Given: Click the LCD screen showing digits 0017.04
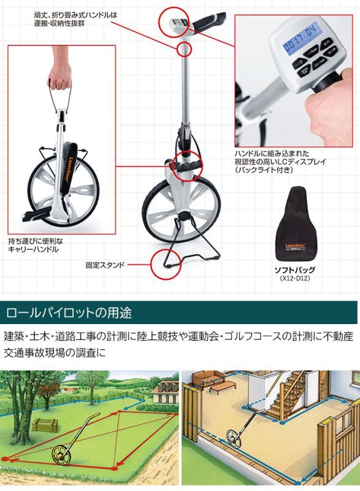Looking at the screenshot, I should (298, 31).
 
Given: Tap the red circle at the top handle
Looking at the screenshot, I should (172, 25).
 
